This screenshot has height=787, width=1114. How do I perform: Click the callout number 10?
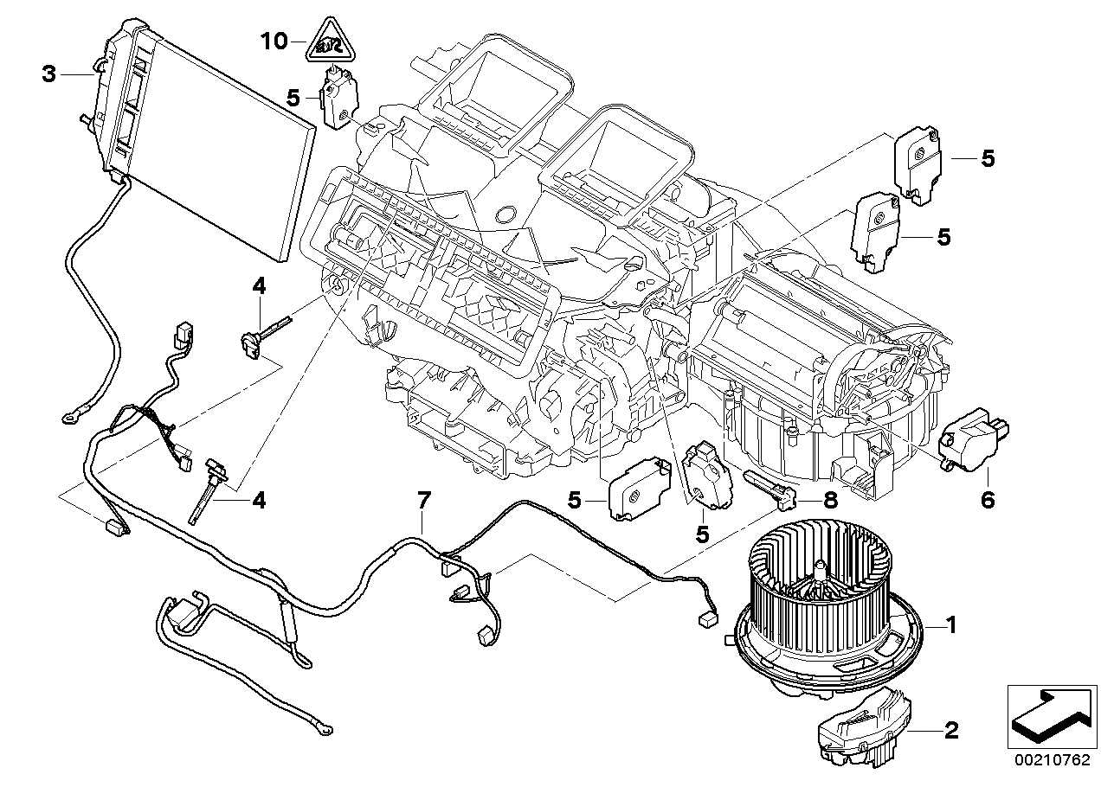click(x=274, y=41)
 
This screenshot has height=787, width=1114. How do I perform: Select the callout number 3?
click(x=49, y=75)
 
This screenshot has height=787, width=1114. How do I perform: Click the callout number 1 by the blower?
click(x=950, y=624)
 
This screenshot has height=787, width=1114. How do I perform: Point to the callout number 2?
click(x=950, y=731)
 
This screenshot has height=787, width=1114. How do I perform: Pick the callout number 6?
click(x=988, y=499)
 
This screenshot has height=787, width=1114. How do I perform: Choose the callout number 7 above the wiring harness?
click(x=423, y=499)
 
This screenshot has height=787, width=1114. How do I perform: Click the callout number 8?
click(x=830, y=499)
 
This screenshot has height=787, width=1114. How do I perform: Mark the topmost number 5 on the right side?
click(x=988, y=159)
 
